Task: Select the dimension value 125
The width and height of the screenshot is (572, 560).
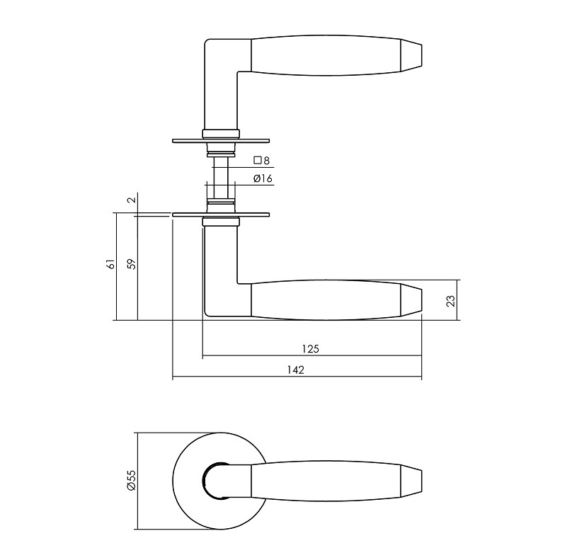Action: tap(311, 348)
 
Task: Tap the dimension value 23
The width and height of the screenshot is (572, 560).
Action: tap(451, 300)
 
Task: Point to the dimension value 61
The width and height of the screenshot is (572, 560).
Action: tap(109, 265)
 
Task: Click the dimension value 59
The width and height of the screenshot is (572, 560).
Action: tap(130, 265)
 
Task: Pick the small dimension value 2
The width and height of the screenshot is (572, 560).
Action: tap(130, 200)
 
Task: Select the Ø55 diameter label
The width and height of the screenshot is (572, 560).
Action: tap(130, 480)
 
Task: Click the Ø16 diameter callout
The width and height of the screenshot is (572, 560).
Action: tap(263, 179)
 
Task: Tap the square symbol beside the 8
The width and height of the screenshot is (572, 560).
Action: tap(258, 161)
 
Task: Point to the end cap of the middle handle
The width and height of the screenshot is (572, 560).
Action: tap(413, 301)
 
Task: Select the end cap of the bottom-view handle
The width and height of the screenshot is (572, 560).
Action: tap(413, 480)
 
